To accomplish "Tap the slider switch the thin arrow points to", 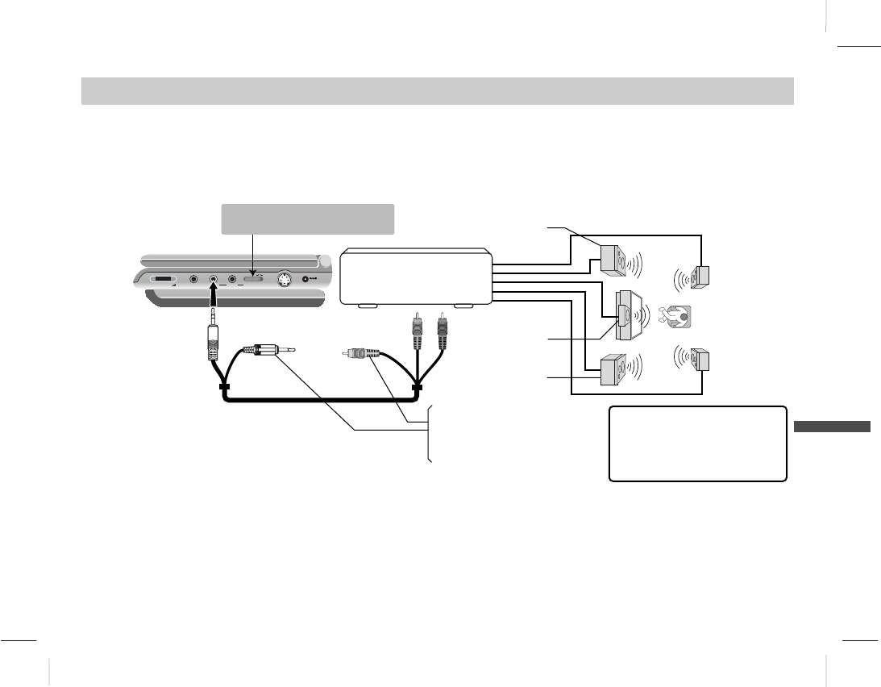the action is [253, 280].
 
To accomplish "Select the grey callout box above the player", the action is [307, 219].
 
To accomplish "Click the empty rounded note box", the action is [697, 443].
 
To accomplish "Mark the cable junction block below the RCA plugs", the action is [417, 389].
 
